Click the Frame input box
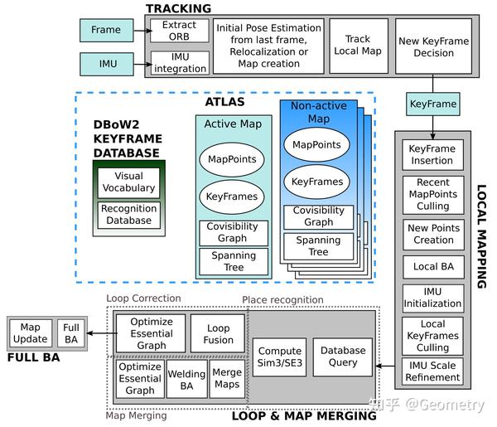coord(105,30)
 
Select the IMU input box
coord(105,63)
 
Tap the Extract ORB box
coord(180,31)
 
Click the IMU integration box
coord(180,62)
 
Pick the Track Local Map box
coord(357,46)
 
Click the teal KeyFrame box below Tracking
coord(432,105)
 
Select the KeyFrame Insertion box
coord(432,155)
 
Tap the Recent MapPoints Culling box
coord(432,194)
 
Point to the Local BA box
coord(432,267)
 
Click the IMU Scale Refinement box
coord(432,371)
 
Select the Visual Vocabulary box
coord(128,182)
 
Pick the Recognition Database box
coord(128,215)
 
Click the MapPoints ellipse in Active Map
coord(232,158)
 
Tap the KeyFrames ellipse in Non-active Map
coord(318,181)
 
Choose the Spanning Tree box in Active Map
coord(233,262)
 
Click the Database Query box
coord(342,357)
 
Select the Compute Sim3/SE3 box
coord(279,357)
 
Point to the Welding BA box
coord(186,379)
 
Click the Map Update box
coord(29,333)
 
